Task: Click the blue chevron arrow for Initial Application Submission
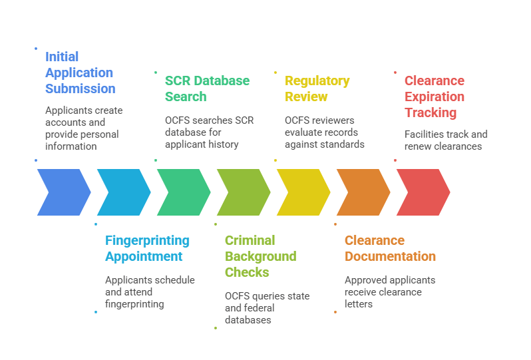(x=63, y=192)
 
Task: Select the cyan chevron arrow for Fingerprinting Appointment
(x=123, y=192)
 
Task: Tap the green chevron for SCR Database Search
(x=183, y=192)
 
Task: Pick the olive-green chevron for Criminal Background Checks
(x=243, y=192)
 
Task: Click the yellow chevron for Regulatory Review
(x=303, y=192)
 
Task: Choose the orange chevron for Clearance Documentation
(x=363, y=192)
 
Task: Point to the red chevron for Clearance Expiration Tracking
(x=423, y=192)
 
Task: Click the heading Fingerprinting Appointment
(x=147, y=248)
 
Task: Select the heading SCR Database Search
(x=207, y=89)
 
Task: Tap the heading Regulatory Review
(x=317, y=89)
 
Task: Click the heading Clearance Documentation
(x=390, y=248)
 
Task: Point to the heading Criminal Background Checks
(x=260, y=256)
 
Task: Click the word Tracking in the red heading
(x=430, y=112)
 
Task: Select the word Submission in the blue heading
(x=80, y=89)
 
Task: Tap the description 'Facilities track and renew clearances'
(x=446, y=140)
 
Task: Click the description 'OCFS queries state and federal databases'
(x=267, y=307)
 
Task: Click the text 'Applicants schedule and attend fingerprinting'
(x=150, y=291)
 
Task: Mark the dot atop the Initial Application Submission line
(x=36, y=48)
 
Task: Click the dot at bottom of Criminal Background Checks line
(x=215, y=327)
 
